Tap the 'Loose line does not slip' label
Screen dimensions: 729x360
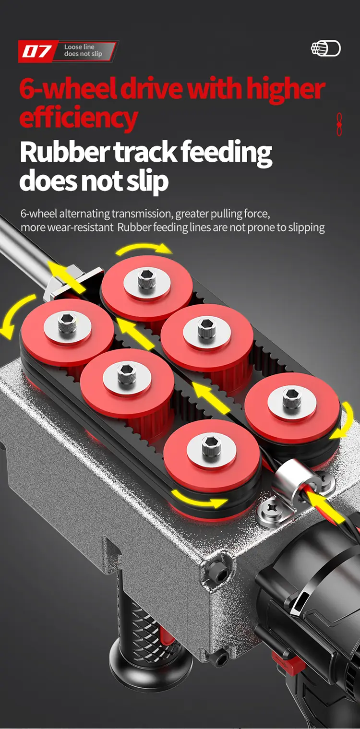point(83,50)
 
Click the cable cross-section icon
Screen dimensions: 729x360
point(326,48)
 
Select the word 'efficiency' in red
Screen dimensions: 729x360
point(78,118)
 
